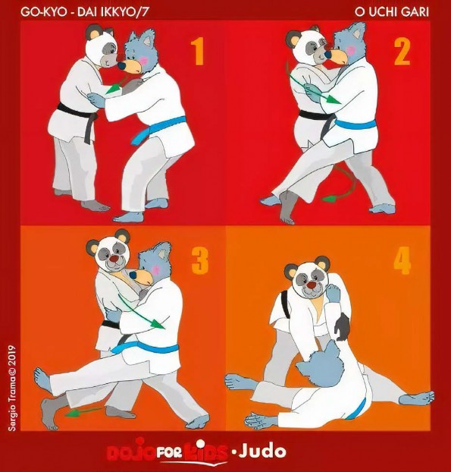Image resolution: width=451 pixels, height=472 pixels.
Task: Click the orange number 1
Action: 198,52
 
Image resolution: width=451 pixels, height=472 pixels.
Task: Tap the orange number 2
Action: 402,52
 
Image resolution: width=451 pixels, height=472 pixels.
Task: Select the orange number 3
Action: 200,261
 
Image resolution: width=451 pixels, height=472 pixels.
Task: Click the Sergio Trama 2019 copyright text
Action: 12,388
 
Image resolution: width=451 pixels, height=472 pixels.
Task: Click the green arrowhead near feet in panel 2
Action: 329,199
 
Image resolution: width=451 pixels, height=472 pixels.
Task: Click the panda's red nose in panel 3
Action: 114,259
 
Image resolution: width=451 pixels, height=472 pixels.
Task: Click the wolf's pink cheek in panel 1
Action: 145,61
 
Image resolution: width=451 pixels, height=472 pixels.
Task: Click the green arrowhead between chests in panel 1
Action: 114,89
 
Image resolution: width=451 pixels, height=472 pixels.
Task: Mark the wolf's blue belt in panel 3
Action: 145,348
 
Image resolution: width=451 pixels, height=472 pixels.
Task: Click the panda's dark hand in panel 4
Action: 342,327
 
